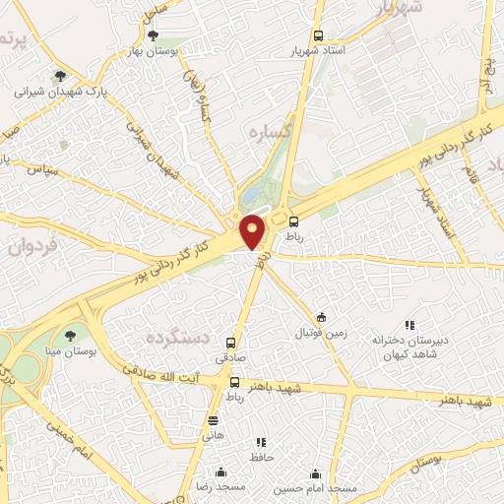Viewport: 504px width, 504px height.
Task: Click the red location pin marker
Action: pos(253,230)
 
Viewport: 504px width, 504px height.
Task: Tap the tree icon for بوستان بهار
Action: pos(151,35)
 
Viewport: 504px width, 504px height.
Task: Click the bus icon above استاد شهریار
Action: pos(317,33)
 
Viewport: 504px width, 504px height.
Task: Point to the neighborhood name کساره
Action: pos(266,131)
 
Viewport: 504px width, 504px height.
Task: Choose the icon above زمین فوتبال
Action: pos(321,317)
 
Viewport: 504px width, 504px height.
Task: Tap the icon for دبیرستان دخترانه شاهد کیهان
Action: pos(410,325)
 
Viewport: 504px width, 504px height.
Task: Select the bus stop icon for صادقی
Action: pos(230,344)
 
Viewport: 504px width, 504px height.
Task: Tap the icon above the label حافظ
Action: pos(261,443)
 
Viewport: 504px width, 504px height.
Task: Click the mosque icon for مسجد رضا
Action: pos(221,472)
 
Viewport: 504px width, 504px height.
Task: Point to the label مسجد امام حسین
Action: pos(315,488)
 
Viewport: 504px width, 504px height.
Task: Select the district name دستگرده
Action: pos(154,338)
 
